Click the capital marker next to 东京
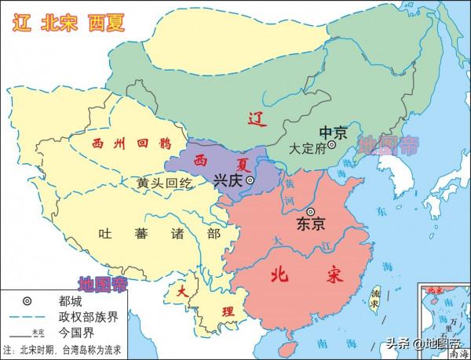[311, 212]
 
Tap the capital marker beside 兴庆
[250, 180]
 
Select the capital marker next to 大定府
[333, 145]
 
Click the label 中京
[332, 131]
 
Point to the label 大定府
[307, 147]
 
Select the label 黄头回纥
[163, 182]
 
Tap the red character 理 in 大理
[228, 311]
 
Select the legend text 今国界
[73, 332]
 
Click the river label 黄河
[291, 191]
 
